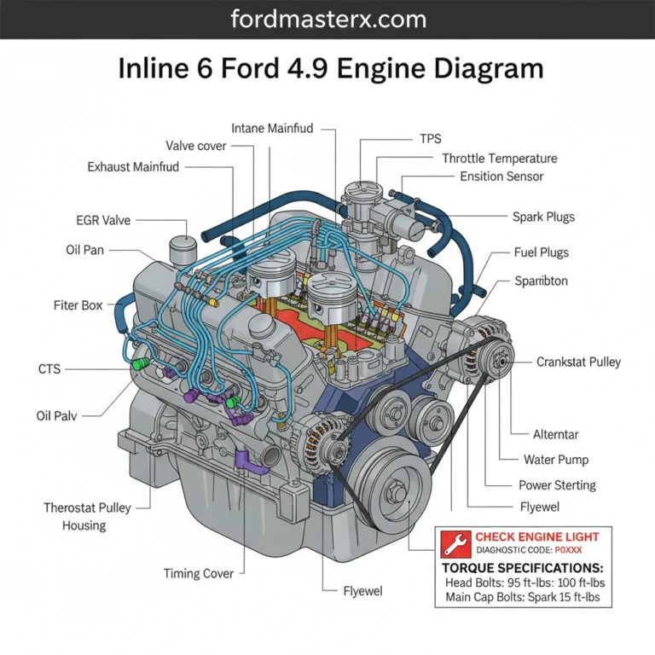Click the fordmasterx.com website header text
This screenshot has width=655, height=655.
(327, 18)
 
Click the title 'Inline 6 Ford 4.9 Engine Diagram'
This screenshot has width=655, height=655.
(327, 68)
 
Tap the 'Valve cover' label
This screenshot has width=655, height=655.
(196, 146)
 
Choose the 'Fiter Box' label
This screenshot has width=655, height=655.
(79, 304)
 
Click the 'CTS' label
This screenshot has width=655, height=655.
(49, 369)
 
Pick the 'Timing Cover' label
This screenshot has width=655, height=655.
(198, 573)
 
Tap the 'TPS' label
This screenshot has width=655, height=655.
(431, 138)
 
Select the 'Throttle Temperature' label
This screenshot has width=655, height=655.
(499, 158)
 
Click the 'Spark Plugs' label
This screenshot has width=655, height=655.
(543, 217)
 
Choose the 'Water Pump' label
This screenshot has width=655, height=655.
(555, 460)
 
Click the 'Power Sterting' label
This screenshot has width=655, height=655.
(557, 485)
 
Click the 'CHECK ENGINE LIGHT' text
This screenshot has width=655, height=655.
(530, 536)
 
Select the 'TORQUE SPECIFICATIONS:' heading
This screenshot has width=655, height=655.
(522, 567)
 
